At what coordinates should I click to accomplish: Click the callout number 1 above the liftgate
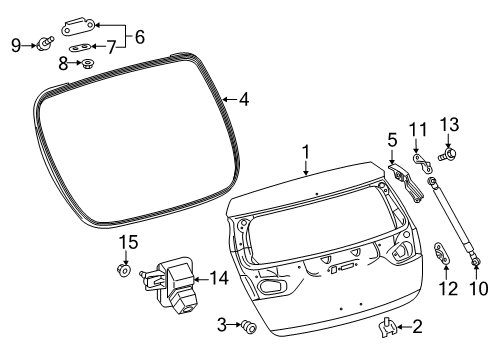point(307,153)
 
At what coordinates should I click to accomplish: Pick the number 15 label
point(127,243)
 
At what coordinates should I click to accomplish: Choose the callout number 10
point(475,288)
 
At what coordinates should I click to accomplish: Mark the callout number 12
point(447,288)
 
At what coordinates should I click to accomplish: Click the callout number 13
point(447,123)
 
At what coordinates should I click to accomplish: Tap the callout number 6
point(140,36)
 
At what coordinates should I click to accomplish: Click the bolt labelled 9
point(47,43)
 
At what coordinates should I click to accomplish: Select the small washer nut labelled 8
point(89,63)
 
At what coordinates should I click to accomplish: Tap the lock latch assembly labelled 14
point(170,284)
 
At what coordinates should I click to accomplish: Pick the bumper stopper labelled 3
point(250,325)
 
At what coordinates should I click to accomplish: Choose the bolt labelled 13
point(445,153)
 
